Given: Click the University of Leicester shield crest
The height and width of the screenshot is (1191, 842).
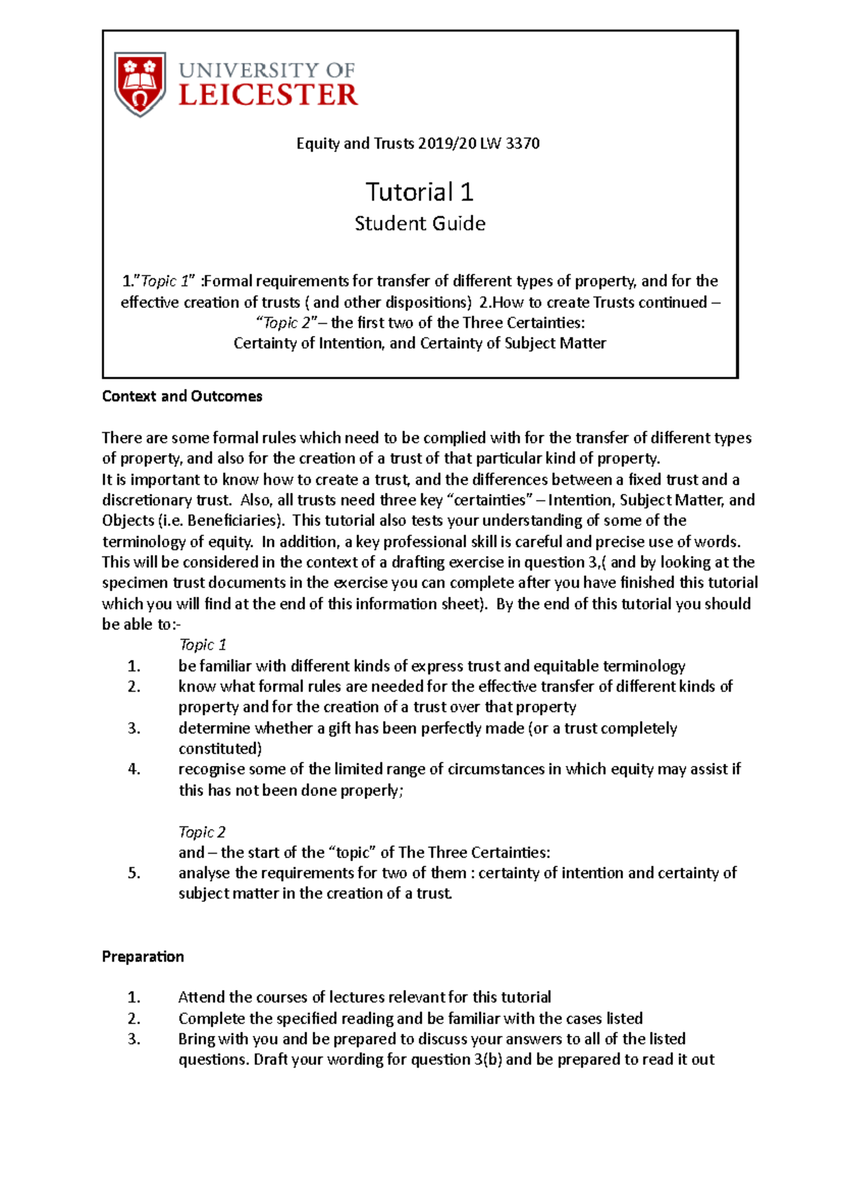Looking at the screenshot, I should (140, 83).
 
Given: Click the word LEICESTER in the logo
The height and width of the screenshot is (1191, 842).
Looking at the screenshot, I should (268, 95).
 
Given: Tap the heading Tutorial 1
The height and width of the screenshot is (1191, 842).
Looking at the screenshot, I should (420, 191).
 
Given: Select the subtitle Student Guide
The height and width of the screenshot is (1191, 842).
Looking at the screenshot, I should (420, 224).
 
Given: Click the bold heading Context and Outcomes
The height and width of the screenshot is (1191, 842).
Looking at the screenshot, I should (182, 396).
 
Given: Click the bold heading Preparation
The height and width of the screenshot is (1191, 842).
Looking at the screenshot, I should (142, 957).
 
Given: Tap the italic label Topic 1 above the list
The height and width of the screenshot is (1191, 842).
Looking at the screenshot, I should (202, 645).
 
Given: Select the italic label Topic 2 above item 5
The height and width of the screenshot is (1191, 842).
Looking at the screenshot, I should (201, 832).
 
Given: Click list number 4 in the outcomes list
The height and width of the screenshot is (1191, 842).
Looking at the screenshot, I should (134, 769).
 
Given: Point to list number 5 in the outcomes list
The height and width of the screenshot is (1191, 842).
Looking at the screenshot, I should (134, 873).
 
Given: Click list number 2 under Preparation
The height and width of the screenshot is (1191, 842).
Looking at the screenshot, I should (134, 1018).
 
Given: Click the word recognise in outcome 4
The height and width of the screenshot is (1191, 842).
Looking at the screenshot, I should (211, 769).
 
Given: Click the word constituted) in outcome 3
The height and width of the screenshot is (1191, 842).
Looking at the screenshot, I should (220, 748).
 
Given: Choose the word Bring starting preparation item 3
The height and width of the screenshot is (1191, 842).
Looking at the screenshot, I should (196, 1039).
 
